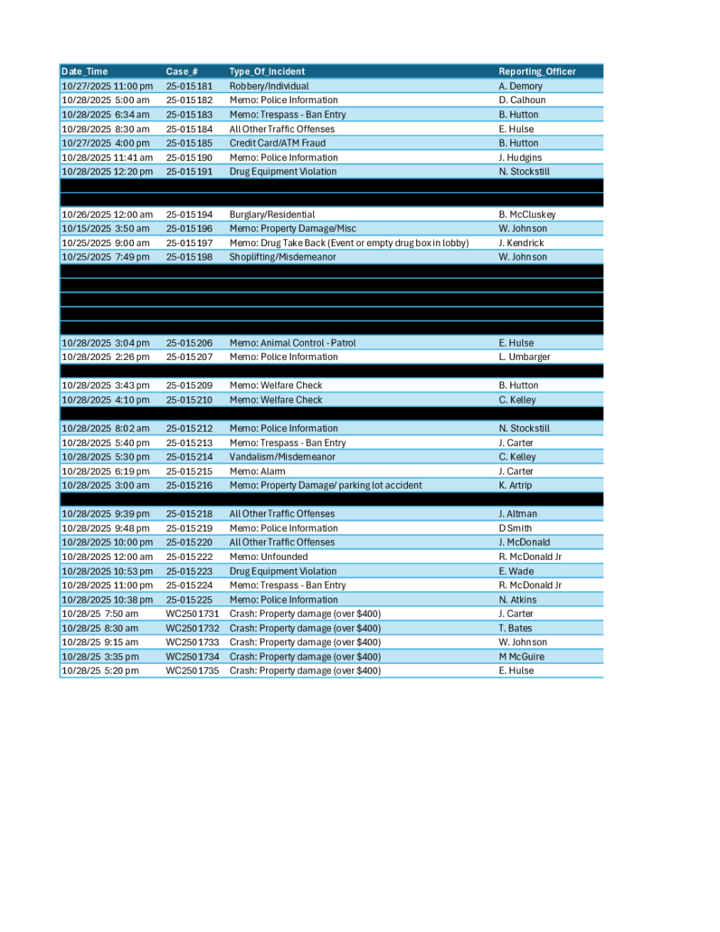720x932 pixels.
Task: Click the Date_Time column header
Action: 84,71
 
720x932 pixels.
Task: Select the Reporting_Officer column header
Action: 536,71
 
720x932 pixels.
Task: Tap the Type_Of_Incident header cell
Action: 267,71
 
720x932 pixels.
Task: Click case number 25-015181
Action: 189,86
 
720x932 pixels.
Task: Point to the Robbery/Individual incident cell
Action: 269,86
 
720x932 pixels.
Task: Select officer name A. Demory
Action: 520,86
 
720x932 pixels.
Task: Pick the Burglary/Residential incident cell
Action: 274,214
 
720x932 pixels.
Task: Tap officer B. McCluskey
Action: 526,214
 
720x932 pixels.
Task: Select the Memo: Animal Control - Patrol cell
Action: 298,343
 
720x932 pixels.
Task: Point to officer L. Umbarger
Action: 526,357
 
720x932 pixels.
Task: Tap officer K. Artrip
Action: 516,485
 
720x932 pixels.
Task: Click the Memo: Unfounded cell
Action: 268,556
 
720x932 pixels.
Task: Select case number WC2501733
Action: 192,642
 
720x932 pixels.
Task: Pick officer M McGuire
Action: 523,656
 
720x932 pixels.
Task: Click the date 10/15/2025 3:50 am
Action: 105,229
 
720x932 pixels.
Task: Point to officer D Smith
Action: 516,528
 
